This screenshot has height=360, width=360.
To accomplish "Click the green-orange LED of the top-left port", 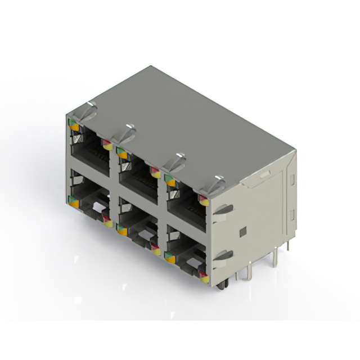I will point(73,125).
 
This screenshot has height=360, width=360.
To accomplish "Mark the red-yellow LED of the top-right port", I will point(203,199).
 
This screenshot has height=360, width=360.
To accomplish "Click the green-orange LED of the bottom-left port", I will point(73,201).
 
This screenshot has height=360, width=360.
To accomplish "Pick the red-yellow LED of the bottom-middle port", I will point(155,248).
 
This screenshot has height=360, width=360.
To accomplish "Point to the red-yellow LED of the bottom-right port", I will point(203,276).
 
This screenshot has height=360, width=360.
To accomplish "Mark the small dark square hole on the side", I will point(242,232).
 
